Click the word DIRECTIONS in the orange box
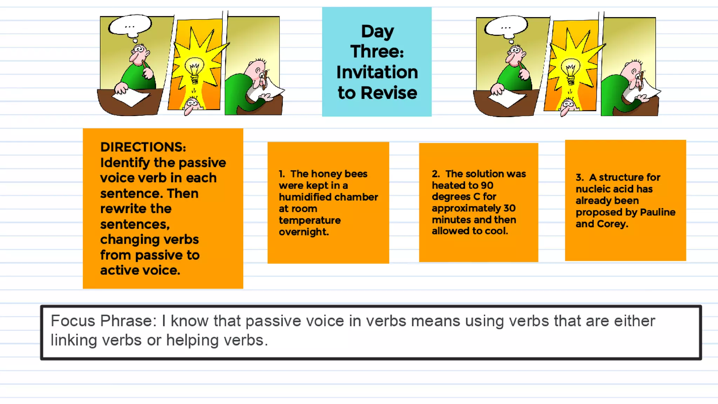click(143, 147)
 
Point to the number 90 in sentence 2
click(487, 185)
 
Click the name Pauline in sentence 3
click(657, 212)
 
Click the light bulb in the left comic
click(194, 70)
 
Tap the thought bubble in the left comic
click(130, 26)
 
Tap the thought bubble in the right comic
click(506, 26)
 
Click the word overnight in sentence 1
click(304, 232)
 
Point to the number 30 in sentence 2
click(509, 208)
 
